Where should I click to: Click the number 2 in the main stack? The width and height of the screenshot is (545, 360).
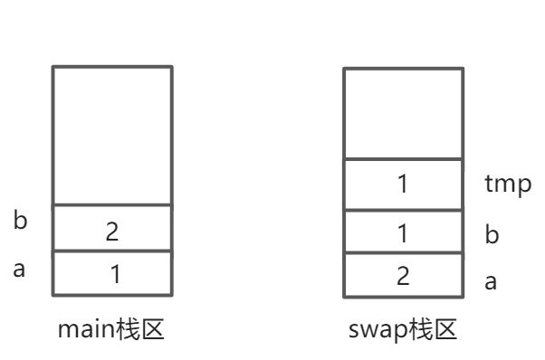[x=112, y=231]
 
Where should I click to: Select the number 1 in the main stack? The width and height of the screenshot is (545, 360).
[x=115, y=274]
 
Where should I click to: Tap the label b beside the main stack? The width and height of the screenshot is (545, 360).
[x=20, y=220]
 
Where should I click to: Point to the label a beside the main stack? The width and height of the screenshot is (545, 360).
[x=19, y=269]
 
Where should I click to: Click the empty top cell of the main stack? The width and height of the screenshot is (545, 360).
[x=112, y=136]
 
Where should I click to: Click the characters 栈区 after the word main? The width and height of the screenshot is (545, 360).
[x=140, y=330]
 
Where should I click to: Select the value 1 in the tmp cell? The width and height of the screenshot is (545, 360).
[x=403, y=185]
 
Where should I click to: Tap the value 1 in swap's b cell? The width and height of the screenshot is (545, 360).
[x=403, y=232]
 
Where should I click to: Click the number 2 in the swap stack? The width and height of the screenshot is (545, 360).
[x=404, y=276]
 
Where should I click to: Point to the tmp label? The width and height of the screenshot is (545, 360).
[x=508, y=185]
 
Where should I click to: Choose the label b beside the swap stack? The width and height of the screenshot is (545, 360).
[x=492, y=234]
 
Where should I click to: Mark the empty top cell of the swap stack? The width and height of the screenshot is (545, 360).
[x=403, y=113]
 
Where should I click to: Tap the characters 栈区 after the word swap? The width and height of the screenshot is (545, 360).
[x=433, y=330]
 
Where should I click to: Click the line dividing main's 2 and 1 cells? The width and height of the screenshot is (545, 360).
[x=112, y=251]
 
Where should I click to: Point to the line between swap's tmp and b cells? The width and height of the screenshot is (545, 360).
[x=403, y=210]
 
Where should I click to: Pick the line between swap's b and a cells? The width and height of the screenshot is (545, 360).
[x=403, y=254]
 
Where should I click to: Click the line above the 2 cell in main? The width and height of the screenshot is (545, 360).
[x=112, y=205]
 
